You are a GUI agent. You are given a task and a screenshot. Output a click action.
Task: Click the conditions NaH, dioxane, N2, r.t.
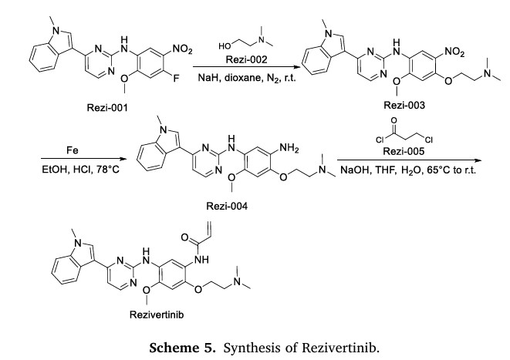click(245, 78)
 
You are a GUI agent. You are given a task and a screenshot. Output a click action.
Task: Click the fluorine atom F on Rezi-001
click(177, 76)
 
